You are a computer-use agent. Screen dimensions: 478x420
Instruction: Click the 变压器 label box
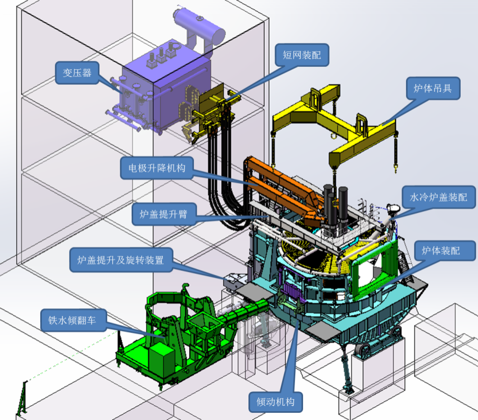point(77,73)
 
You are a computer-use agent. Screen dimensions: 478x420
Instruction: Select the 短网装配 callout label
point(302,55)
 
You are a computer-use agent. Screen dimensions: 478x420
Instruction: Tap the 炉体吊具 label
point(433,88)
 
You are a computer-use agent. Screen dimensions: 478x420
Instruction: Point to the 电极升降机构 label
point(157,168)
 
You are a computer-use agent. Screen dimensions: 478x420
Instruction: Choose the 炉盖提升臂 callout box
point(164,214)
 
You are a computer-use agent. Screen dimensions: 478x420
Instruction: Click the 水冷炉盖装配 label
point(439,197)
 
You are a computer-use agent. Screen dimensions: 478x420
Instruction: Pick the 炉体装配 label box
point(441,251)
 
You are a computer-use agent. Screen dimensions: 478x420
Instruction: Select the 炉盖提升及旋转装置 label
point(121,260)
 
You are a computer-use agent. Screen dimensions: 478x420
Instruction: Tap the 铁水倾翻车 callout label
point(73,320)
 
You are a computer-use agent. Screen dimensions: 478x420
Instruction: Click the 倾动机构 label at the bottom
point(275,402)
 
